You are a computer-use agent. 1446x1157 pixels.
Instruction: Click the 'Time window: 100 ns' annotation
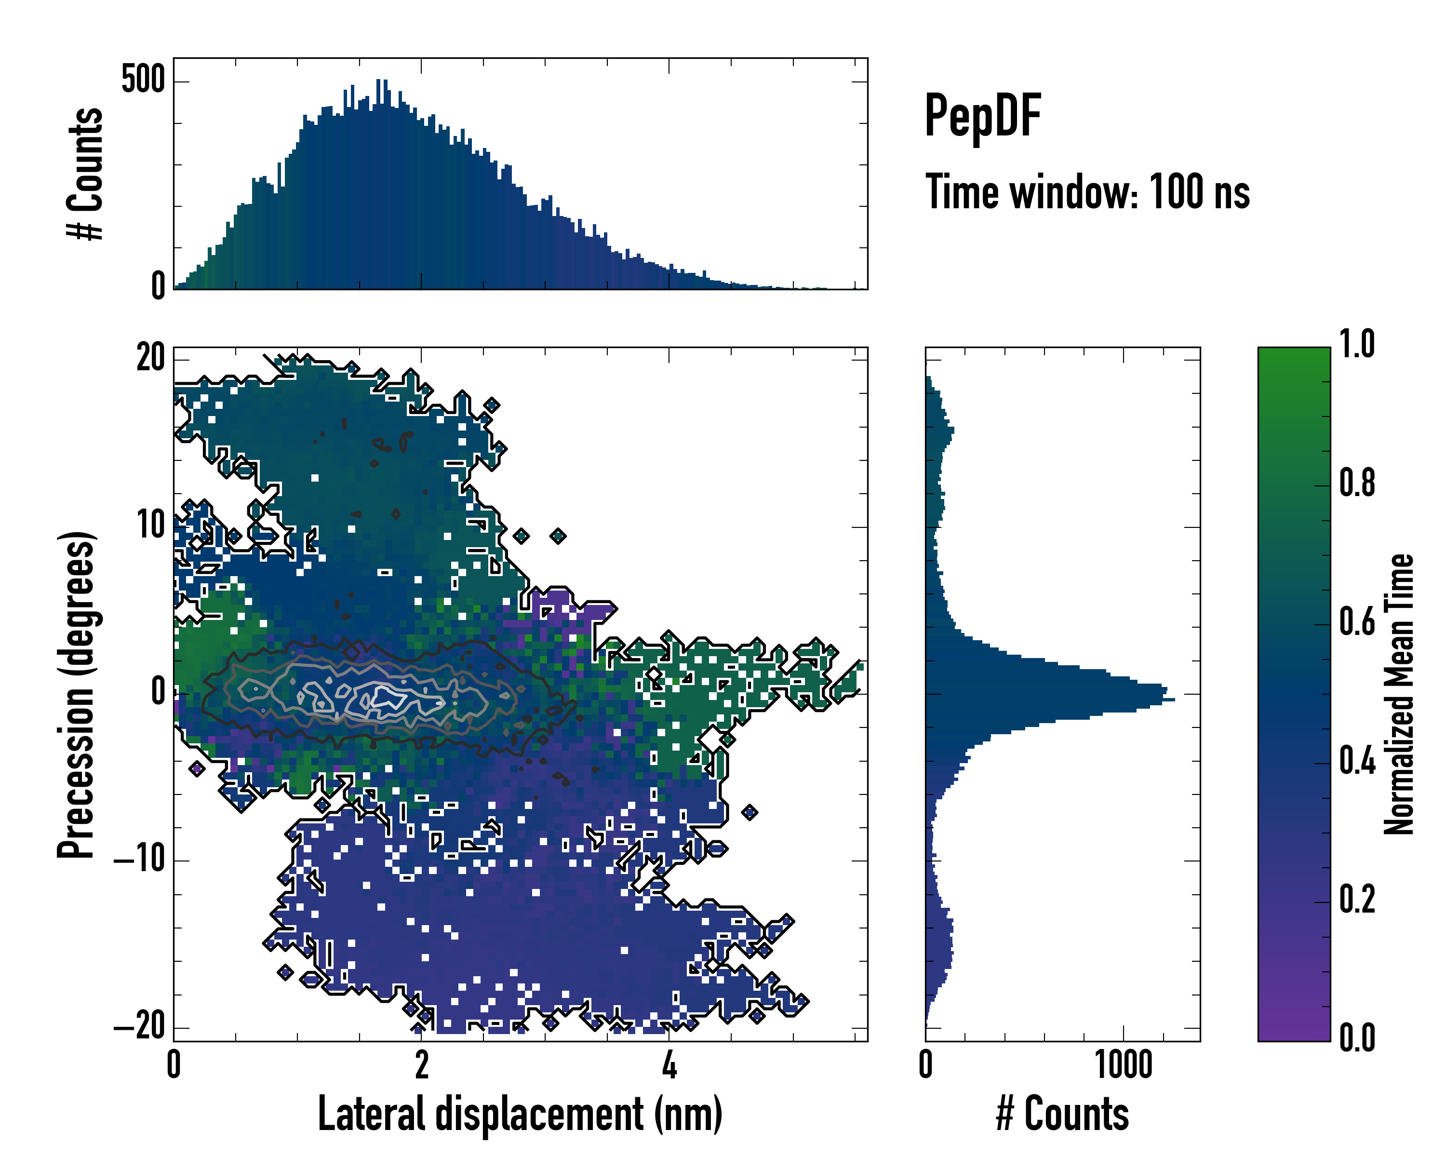coord(1087,192)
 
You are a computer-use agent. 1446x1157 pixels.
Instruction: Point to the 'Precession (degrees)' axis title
coord(76,694)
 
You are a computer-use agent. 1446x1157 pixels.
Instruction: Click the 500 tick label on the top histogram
coord(143,80)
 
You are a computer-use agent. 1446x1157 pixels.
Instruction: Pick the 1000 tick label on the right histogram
coord(1124,1065)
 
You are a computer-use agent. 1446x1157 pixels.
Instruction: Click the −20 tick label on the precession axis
coord(139,1026)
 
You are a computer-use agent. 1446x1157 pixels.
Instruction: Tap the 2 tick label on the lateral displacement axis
coord(421,1065)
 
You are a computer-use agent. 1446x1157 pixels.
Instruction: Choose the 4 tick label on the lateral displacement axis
coord(669,1065)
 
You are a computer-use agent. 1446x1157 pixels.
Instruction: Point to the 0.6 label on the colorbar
coord(1357,622)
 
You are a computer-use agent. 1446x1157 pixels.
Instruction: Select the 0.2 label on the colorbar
coord(1357,900)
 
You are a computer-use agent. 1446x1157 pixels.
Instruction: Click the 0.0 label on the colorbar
coord(1357,1038)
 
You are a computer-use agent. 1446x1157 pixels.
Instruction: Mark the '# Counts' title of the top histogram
coord(86,174)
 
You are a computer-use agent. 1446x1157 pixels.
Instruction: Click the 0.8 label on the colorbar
coord(1357,483)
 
